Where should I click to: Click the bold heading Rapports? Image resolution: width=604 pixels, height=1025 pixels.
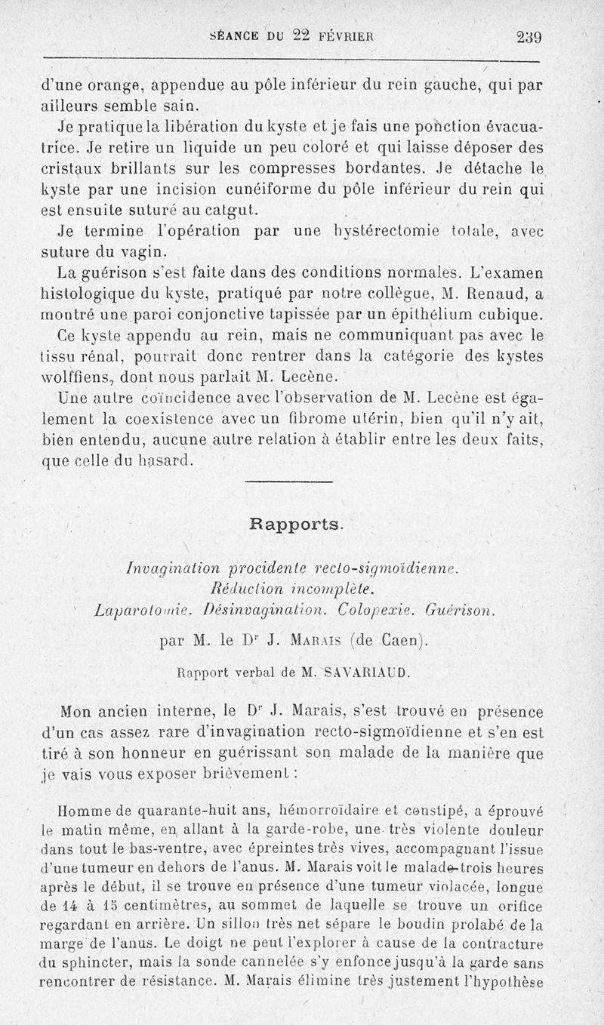pyautogui.click(x=296, y=522)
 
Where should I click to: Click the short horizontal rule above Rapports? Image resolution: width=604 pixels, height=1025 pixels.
pyautogui.click(x=289, y=482)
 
